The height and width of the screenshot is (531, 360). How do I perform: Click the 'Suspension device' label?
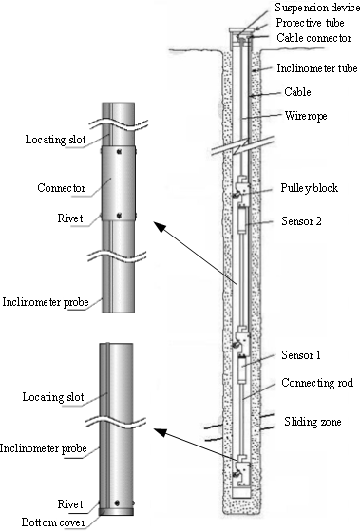[x=317, y=8]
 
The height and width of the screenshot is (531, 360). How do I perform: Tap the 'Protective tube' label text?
[x=310, y=23]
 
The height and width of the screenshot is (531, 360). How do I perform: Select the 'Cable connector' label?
[x=314, y=38]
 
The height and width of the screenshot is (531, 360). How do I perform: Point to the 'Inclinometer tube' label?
[x=317, y=68]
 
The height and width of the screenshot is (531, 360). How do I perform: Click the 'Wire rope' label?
[x=306, y=116]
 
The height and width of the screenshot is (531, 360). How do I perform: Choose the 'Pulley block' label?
[x=310, y=188]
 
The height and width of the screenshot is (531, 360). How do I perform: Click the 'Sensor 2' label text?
[x=301, y=221]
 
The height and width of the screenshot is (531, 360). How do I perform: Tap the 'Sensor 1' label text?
[x=301, y=355]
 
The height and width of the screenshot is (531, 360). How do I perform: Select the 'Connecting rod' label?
[x=317, y=383]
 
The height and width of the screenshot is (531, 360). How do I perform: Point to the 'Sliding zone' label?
[x=313, y=422]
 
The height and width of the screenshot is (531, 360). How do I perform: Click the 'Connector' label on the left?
[x=62, y=188]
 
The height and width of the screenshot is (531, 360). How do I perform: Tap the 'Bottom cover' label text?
[x=53, y=522]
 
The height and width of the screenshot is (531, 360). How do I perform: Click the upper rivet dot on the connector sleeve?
[x=119, y=152]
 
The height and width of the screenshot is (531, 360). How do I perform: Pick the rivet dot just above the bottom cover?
[x=117, y=503]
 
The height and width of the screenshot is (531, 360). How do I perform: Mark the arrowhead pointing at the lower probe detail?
[x=161, y=432]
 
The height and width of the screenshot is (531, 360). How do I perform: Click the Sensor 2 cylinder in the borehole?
[x=241, y=220]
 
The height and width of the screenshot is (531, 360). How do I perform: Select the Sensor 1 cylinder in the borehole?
[x=242, y=370]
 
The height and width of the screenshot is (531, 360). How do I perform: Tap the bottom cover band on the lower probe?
[x=116, y=512]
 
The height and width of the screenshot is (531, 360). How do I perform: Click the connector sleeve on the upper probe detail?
[x=119, y=183]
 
